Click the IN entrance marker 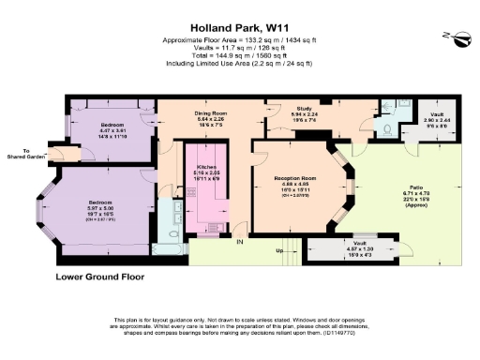click(x=239, y=244)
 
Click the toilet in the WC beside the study click(x=389, y=128)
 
